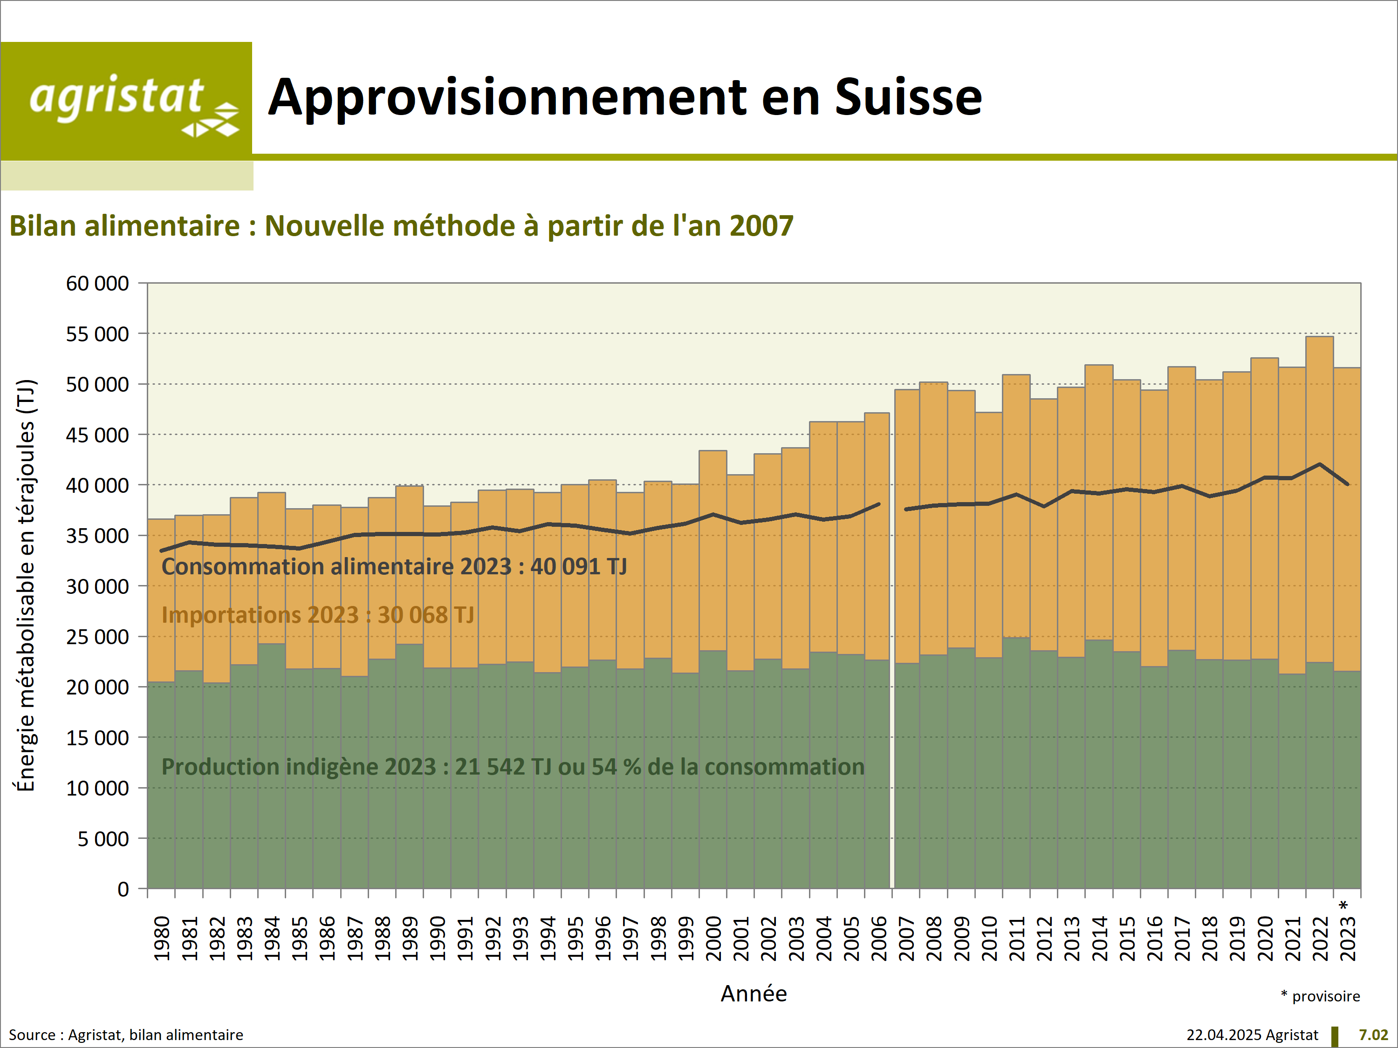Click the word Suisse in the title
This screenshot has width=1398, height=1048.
pos(908,98)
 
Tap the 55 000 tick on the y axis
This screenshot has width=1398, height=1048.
pos(97,333)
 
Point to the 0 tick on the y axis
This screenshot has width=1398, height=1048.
pos(123,890)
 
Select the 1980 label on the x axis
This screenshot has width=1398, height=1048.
pos(162,939)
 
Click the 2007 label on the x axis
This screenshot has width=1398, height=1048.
pos(906,939)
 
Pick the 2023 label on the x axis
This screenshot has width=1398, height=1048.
pos(1348,939)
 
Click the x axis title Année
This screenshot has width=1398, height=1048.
pos(754,994)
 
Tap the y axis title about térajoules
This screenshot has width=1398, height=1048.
pos(25,585)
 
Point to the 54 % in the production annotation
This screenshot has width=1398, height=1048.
pos(613,767)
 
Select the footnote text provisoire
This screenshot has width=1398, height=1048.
pos(1326,996)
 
